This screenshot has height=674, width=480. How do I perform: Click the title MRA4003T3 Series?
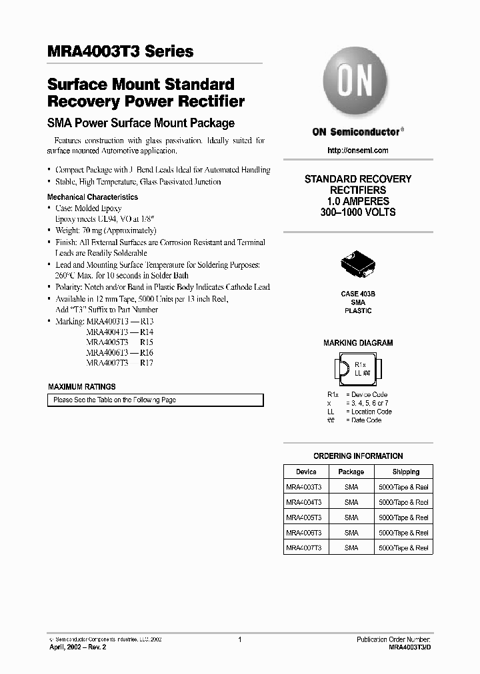pos(121,51)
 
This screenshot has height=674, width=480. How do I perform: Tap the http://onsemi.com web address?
pos(358,151)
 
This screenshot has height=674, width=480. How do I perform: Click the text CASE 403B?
pos(358,294)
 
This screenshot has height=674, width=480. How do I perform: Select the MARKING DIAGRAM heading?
pos(358,343)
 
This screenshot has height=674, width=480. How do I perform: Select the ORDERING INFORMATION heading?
pos(358,456)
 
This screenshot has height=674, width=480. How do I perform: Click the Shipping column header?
pos(406,472)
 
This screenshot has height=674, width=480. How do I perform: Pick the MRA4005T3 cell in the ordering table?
pos(304,517)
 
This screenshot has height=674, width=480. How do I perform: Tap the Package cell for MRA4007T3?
pos(351,548)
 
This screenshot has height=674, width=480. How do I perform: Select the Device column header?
pos(306,472)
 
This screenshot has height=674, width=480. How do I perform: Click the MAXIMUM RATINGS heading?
pos(82,387)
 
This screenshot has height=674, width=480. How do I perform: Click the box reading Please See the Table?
pos(155,400)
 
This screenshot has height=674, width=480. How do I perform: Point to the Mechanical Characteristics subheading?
pos(93,197)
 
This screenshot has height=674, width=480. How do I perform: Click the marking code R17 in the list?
pos(147,364)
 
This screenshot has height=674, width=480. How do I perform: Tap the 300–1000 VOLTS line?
pos(358,212)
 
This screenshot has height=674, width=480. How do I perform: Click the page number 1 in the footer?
pos(239,639)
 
